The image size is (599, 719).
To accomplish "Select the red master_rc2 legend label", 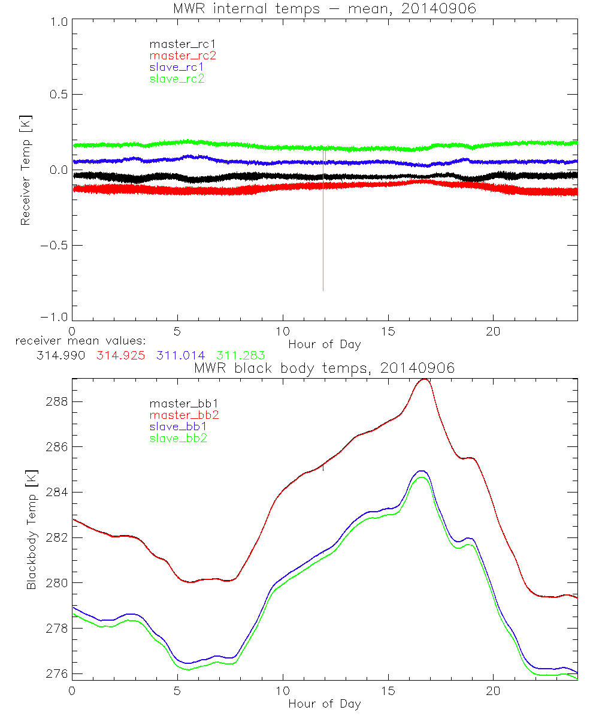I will pos(182,56).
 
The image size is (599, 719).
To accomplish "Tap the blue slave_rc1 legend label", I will pos(177,67).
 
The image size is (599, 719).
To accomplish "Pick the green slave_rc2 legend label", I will pos(177,78).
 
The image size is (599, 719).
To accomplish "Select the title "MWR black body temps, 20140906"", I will pos(324,368).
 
